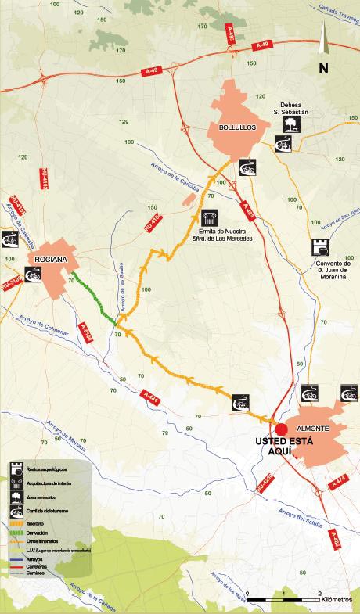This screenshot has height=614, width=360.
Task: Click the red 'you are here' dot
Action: tap(280, 429)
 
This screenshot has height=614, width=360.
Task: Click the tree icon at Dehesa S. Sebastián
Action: tap(290, 124)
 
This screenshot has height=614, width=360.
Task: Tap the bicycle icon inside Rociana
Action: tap(33, 273)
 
